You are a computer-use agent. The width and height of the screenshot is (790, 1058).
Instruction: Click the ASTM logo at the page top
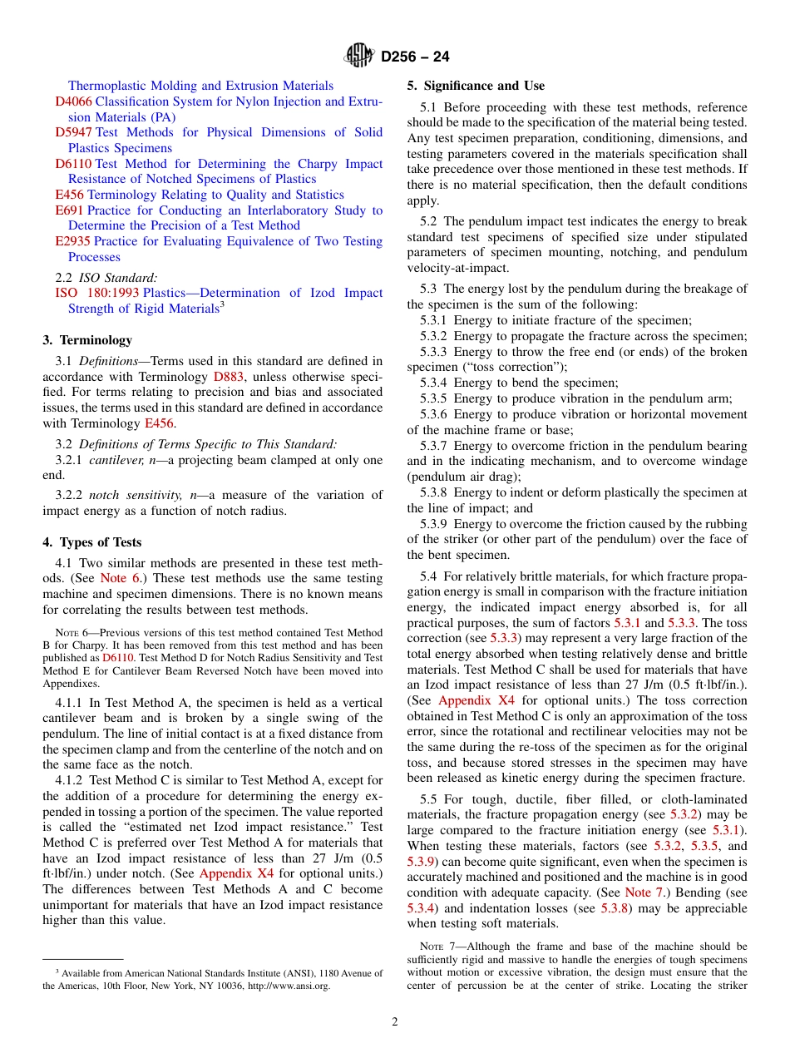tap(359, 57)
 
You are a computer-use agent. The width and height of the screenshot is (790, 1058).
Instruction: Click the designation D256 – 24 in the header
tap(415, 57)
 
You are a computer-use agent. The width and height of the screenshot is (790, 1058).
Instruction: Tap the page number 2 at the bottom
tap(395, 1021)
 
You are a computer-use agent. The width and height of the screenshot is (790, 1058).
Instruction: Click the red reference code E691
tap(69, 210)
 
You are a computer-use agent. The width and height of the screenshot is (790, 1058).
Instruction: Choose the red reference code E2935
tap(73, 241)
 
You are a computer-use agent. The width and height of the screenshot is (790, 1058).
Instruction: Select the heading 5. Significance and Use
tap(476, 86)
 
